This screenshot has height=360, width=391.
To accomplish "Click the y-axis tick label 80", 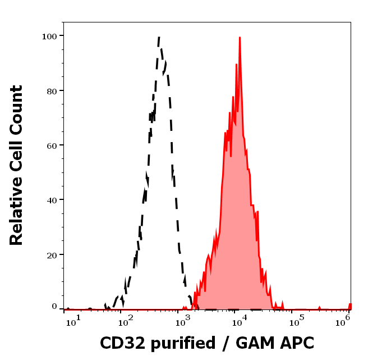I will (x=51, y=90).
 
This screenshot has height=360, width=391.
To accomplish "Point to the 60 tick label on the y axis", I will (x=51, y=145).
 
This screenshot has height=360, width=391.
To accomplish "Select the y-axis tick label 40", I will (x=51, y=200).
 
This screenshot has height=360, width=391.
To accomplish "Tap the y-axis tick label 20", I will (x=51, y=254).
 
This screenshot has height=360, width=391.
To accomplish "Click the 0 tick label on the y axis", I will (x=54, y=307).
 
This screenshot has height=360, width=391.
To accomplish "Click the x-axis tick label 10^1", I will (x=73, y=320).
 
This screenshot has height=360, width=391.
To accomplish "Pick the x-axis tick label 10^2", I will (x=127, y=320).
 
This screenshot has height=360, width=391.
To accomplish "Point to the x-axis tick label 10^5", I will (x=295, y=320).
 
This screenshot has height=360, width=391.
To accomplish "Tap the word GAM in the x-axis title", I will (x=251, y=343).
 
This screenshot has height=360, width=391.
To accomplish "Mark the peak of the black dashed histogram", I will (x=159, y=37).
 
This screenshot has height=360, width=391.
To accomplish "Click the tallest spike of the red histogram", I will (x=240, y=38).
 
